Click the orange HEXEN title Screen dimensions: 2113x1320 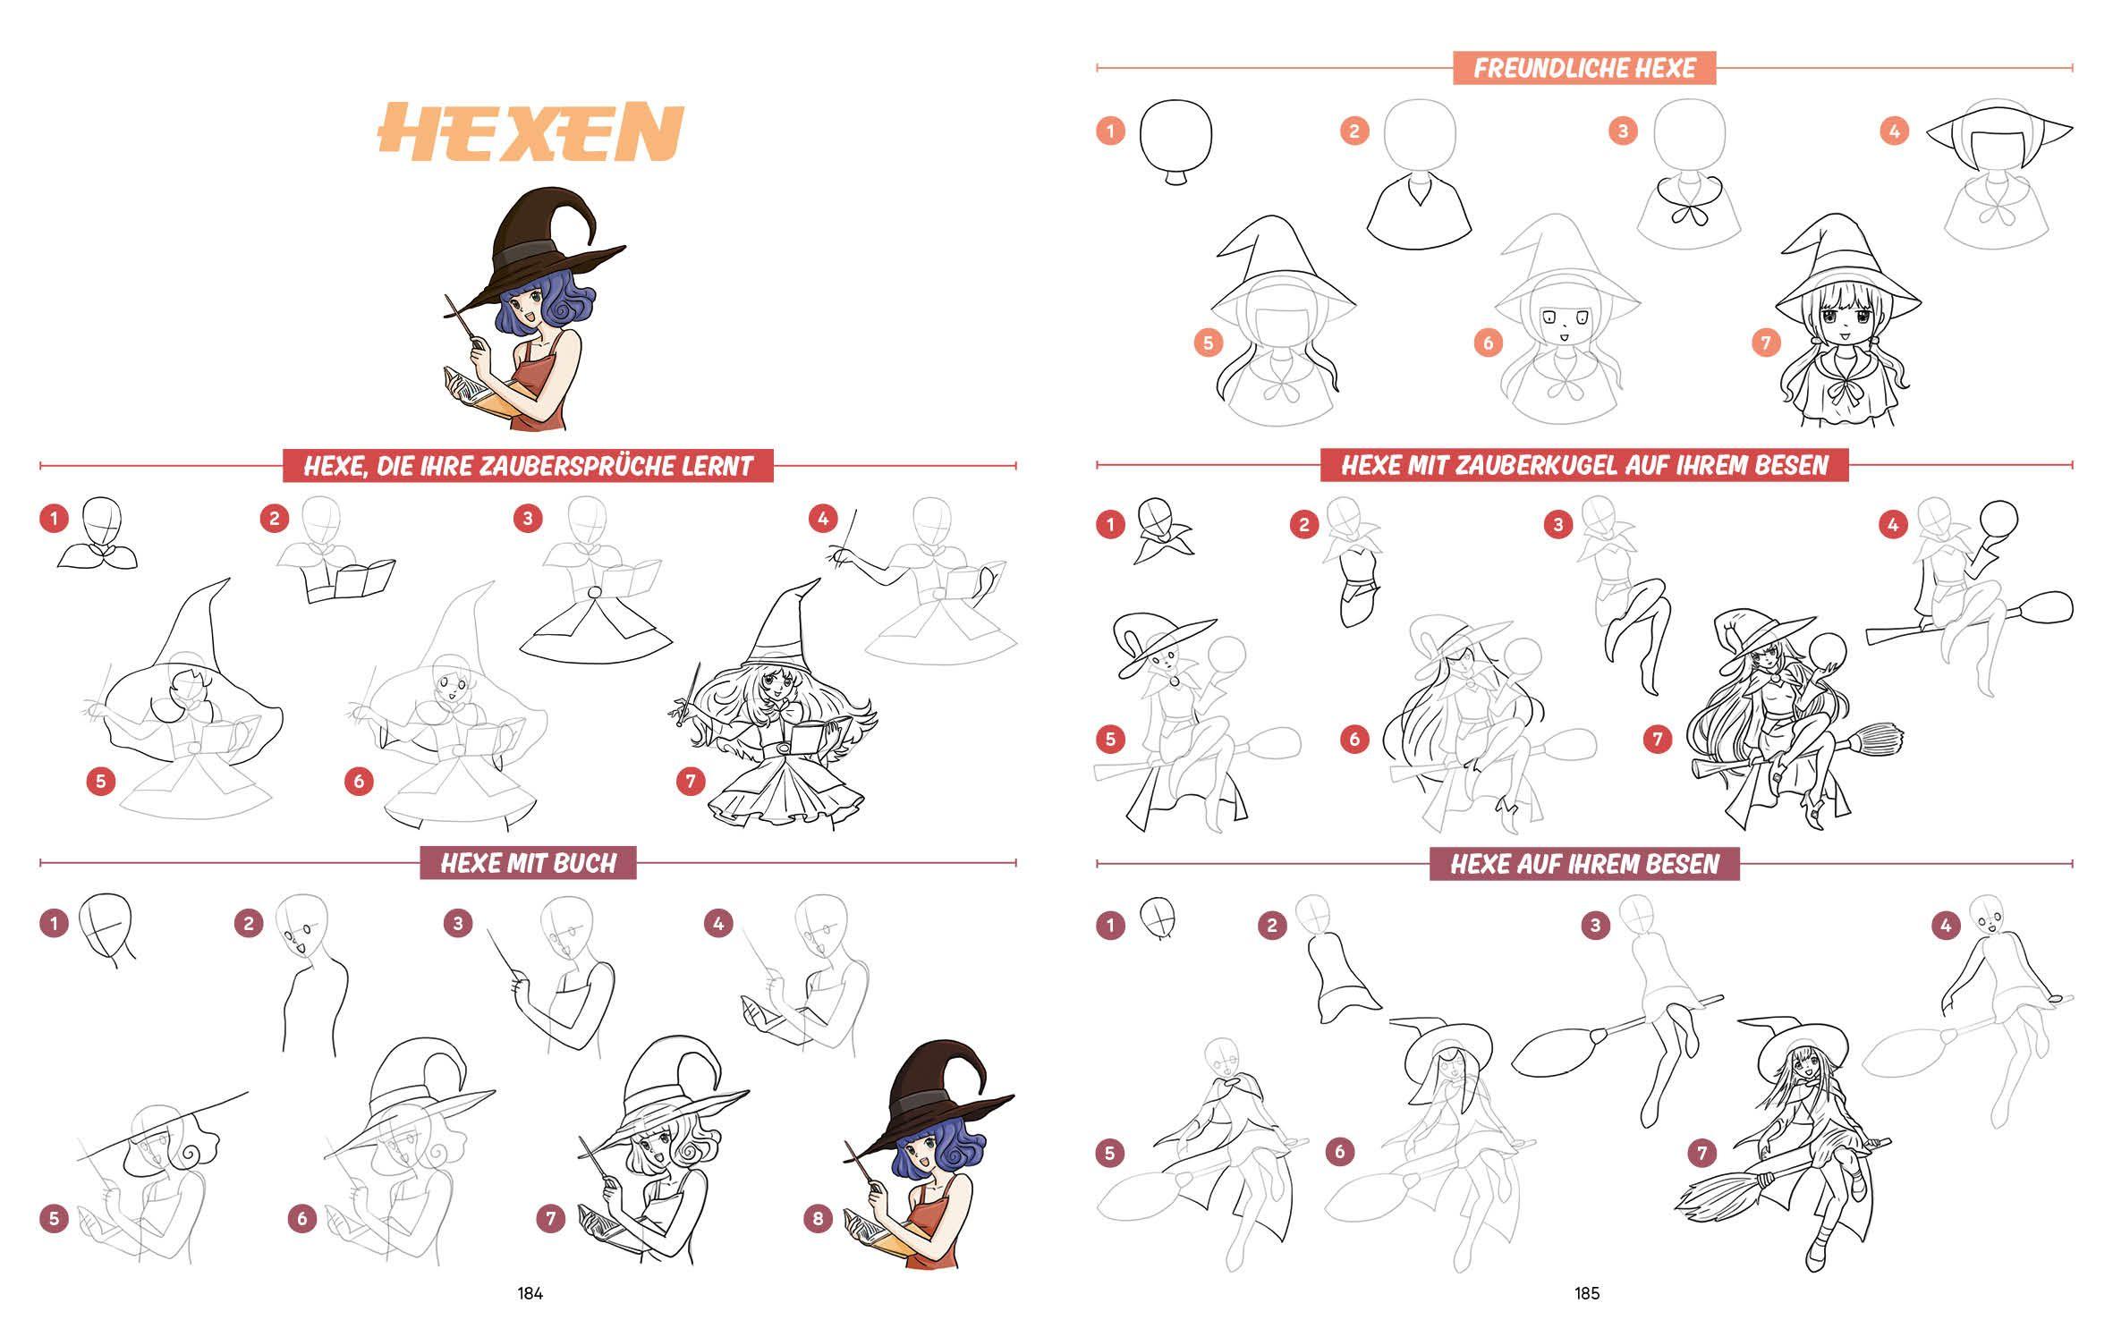pyautogui.click(x=531, y=132)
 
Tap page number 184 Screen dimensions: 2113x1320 pyautogui.click(x=530, y=1293)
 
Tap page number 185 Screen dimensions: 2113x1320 pyautogui.click(x=1587, y=1293)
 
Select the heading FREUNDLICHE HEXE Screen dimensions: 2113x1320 pyautogui.click(x=1584, y=68)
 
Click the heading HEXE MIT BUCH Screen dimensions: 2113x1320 pyautogui.click(x=529, y=863)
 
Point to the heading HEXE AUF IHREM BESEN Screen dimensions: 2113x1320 pyautogui.click(x=1584, y=863)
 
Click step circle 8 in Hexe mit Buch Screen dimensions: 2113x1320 pyautogui.click(x=818, y=1218)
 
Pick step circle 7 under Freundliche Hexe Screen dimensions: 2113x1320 pyautogui.click(x=1765, y=343)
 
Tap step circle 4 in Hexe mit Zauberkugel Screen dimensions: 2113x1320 pyautogui.click(x=1892, y=525)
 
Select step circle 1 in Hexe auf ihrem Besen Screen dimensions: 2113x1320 pyautogui.click(x=1110, y=926)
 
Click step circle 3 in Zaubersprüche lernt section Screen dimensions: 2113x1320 pyautogui.click(x=528, y=519)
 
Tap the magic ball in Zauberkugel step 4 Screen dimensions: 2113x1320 pyautogui.click(x=1999, y=519)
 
